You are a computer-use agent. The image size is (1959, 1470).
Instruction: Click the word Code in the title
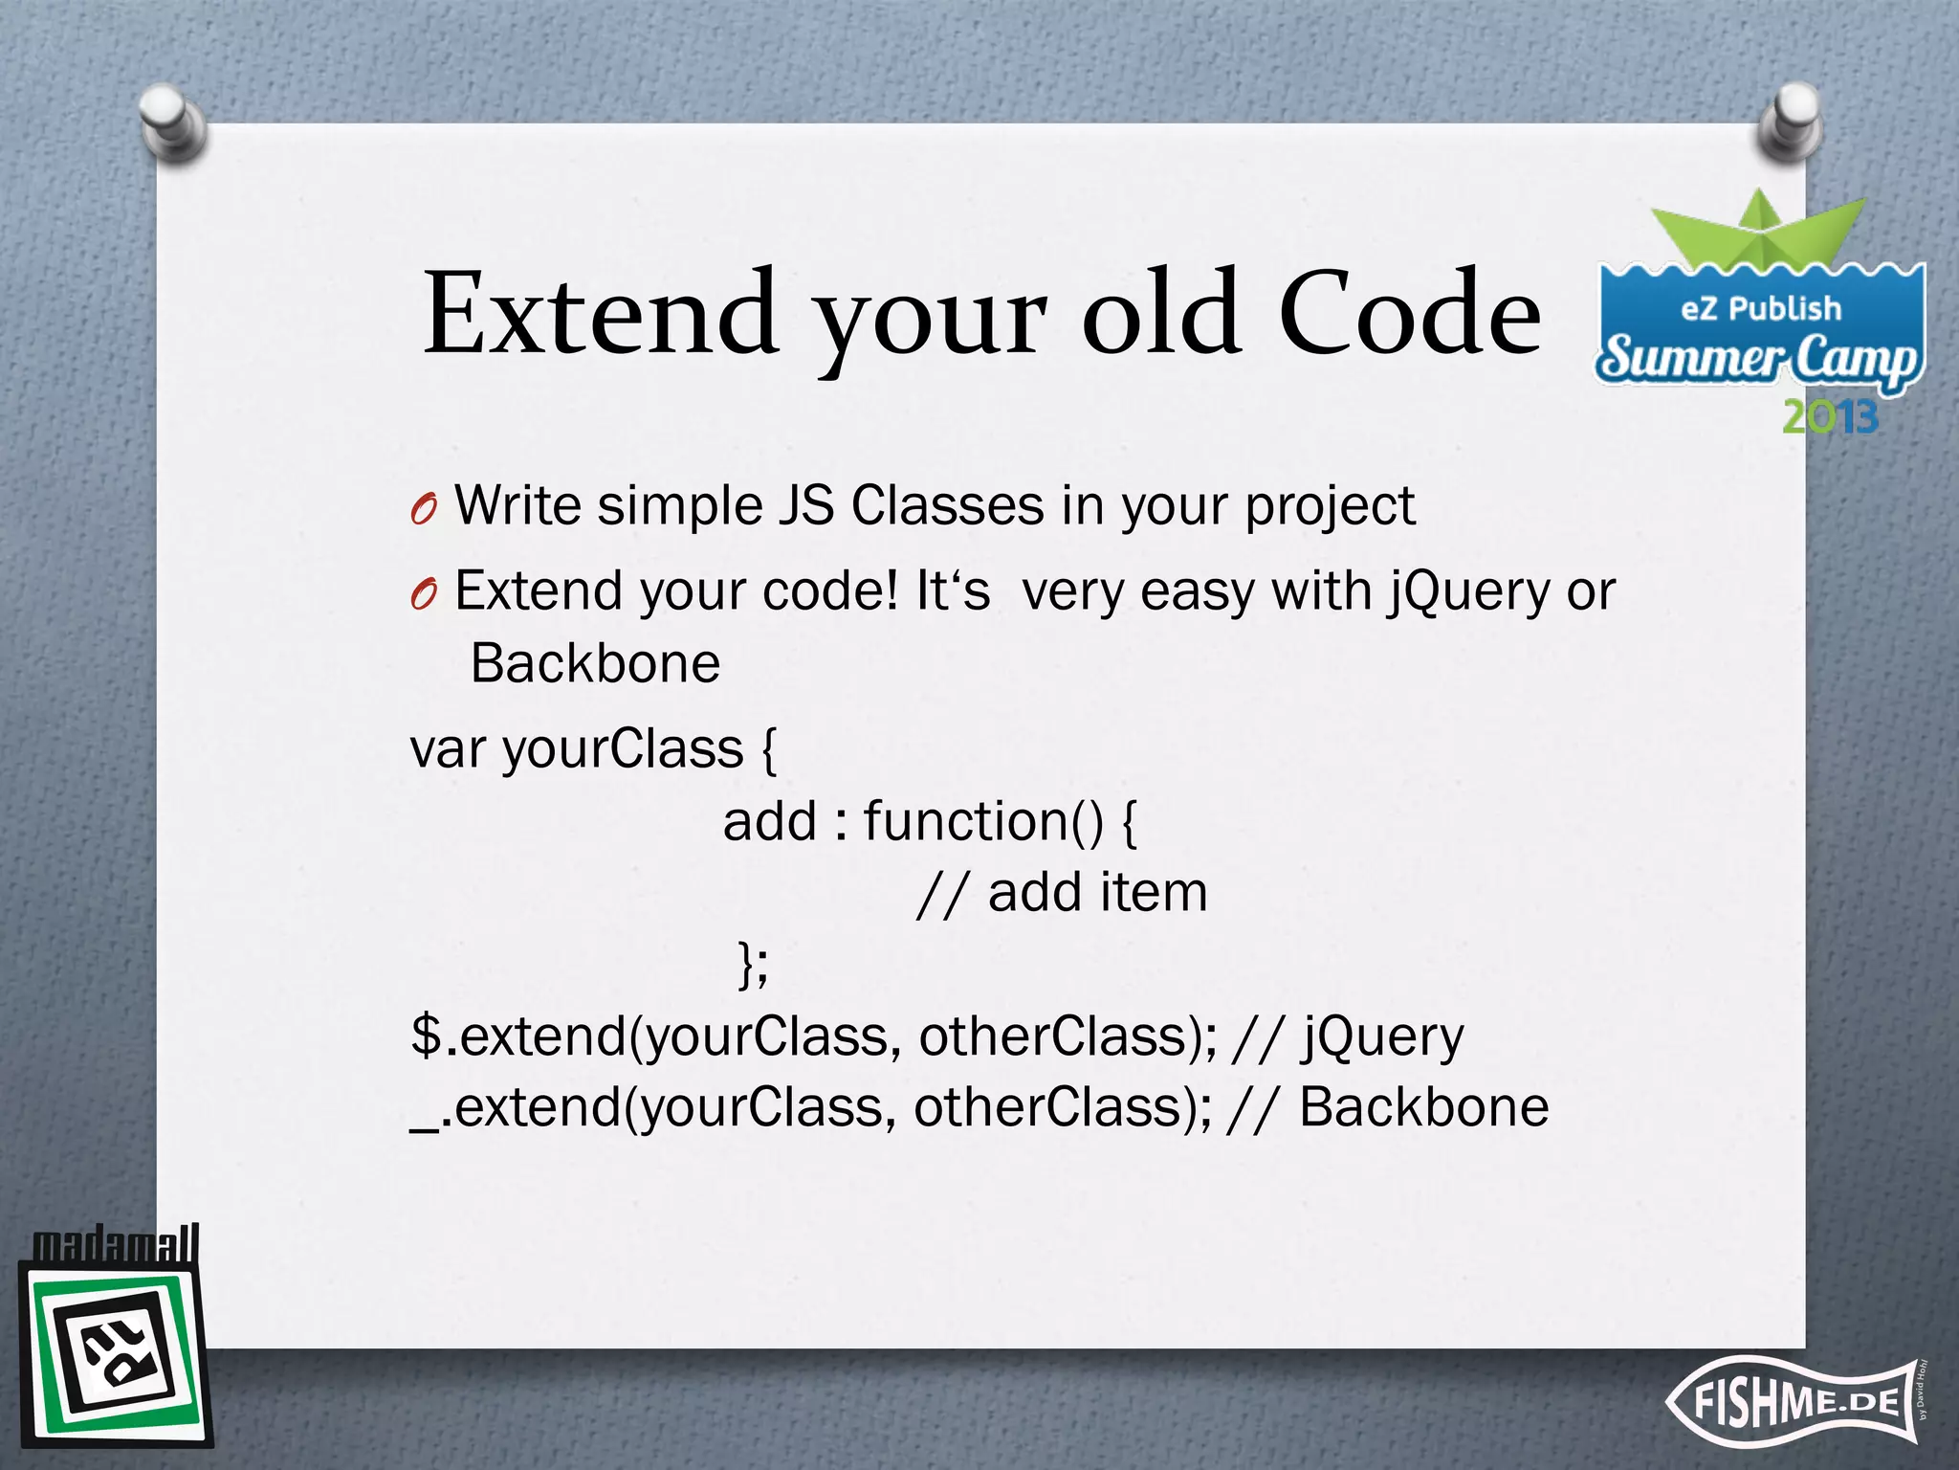click(x=1409, y=314)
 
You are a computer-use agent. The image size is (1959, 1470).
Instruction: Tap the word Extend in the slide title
click(x=600, y=314)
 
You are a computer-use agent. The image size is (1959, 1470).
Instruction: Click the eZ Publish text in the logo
click(x=1760, y=308)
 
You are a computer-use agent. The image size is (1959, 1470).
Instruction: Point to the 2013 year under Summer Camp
click(x=1830, y=417)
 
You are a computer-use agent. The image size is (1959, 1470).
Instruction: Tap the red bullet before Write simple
click(x=423, y=510)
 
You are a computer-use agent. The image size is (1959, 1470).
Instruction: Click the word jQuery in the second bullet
click(x=1468, y=591)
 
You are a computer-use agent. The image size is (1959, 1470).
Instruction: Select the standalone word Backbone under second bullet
click(x=595, y=663)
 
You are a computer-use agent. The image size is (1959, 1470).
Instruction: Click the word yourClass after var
click(x=623, y=748)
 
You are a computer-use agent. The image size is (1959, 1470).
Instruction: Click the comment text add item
click(x=1097, y=892)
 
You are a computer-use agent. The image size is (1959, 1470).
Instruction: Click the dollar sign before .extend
click(x=426, y=1036)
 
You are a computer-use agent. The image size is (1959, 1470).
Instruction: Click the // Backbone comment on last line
click(x=1386, y=1108)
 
